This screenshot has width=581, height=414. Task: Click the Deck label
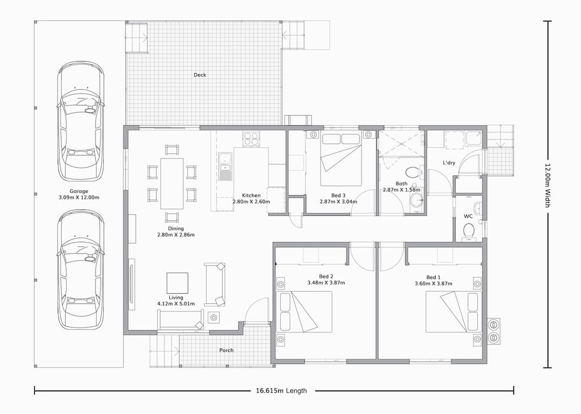(x=200, y=75)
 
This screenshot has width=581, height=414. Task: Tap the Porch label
(x=227, y=350)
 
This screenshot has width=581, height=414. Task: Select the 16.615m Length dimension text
(x=281, y=390)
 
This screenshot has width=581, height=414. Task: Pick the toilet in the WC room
(x=469, y=231)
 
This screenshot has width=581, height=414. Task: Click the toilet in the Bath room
(x=412, y=173)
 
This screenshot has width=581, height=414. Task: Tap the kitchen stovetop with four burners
(x=251, y=138)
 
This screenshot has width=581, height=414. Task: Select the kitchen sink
(x=225, y=167)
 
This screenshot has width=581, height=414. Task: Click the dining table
(x=172, y=183)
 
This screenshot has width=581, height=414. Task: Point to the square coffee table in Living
(x=177, y=283)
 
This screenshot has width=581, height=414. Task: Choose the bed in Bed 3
(x=341, y=160)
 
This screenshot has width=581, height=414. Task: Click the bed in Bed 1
(x=454, y=311)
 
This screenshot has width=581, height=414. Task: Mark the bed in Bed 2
(x=304, y=311)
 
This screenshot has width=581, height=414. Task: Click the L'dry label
(x=449, y=162)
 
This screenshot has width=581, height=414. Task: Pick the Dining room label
(x=176, y=229)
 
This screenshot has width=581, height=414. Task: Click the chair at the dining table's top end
(x=172, y=150)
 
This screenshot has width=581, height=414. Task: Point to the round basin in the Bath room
(x=417, y=199)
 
